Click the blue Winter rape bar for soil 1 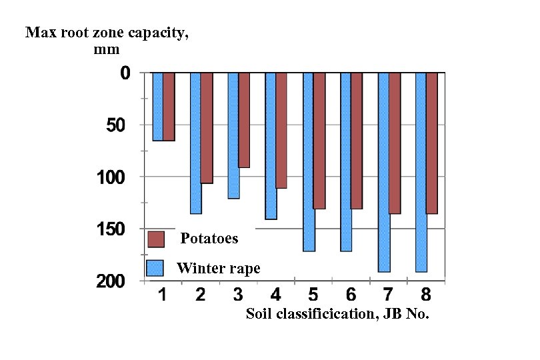point(157,106)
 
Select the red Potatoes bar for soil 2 point(207,127)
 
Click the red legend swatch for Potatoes point(155,239)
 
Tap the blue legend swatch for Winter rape point(155,268)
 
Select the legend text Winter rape point(218,269)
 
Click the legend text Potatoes point(209,239)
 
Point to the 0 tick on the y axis point(125,73)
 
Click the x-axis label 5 point(313,295)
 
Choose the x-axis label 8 point(427,295)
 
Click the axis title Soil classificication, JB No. point(337,314)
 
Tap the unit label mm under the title point(107,49)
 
